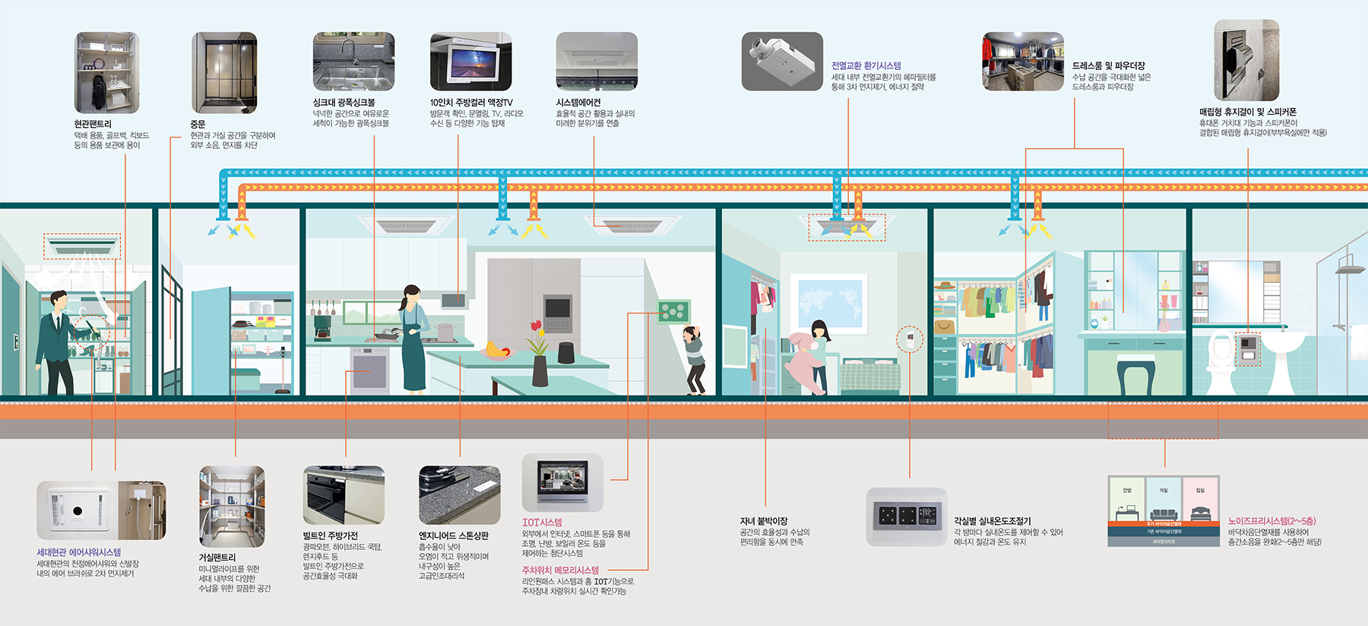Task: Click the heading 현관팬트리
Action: point(93,124)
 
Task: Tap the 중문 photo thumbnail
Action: point(224,73)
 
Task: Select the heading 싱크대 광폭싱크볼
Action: point(344,103)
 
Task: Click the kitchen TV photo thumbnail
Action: point(470,62)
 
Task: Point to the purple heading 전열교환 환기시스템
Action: point(866,66)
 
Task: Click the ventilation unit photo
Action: point(782,62)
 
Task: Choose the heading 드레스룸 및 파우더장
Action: point(1108,66)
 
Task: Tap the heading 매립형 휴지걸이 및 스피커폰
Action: point(1248,112)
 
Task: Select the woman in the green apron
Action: point(413,338)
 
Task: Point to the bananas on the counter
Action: point(496,350)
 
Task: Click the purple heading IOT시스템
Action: point(542,523)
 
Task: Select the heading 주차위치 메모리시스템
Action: point(560,570)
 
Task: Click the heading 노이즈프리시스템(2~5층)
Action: point(1271,522)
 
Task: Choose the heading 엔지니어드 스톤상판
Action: point(454,536)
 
